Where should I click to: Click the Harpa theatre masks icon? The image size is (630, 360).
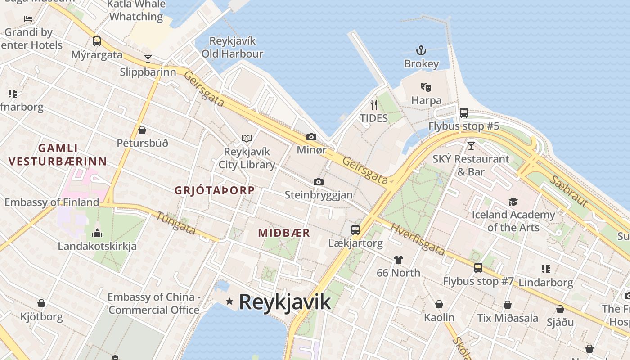pyautogui.click(x=426, y=87)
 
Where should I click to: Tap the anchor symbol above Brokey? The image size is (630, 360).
pyautogui.click(x=421, y=50)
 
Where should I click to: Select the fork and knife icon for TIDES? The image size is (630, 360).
pyautogui.click(x=373, y=105)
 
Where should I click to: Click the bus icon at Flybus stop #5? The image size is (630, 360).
pyautogui.click(x=464, y=112)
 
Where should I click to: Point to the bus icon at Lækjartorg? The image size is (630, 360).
pyautogui.click(x=355, y=230)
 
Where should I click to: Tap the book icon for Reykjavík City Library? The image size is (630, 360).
pyautogui.click(x=246, y=138)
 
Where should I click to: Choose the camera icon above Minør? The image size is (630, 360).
pyautogui.click(x=311, y=137)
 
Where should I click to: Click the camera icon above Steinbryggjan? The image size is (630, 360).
pyautogui.click(x=319, y=182)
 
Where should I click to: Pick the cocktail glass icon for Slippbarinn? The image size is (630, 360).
pyautogui.click(x=148, y=58)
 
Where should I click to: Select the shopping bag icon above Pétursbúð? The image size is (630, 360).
pyautogui.click(x=142, y=130)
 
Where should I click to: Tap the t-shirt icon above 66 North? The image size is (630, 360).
pyautogui.click(x=398, y=259)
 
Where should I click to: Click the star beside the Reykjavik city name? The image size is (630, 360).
pyautogui.click(x=229, y=301)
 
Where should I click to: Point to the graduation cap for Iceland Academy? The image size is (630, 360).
pyautogui.click(x=513, y=201)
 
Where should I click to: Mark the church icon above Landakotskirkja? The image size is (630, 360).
pyautogui.click(x=97, y=233)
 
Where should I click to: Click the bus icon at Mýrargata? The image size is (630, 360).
pyautogui.click(x=96, y=41)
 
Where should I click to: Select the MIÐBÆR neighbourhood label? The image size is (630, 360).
pyautogui.click(x=284, y=233)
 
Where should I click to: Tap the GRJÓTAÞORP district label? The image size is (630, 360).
pyautogui.click(x=214, y=190)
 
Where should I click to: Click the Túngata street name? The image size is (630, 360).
pyautogui.click(x=176, y=223)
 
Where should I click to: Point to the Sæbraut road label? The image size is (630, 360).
pyautogui.click(x=568, y=191)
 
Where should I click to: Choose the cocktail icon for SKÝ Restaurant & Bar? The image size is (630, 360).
pyautogui.click(x=471, y=145)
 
